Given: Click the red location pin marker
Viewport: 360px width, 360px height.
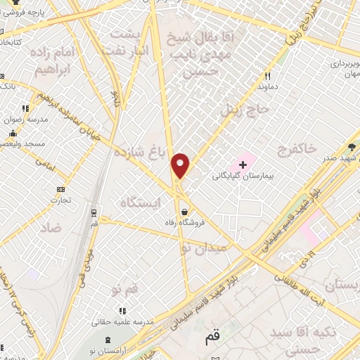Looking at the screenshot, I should [181, 165].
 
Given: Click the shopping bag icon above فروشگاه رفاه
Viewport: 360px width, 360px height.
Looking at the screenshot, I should [184, 211].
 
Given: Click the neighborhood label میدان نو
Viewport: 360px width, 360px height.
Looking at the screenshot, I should [204, 247].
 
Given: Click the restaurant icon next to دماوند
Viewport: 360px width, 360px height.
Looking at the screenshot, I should [268, 76].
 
